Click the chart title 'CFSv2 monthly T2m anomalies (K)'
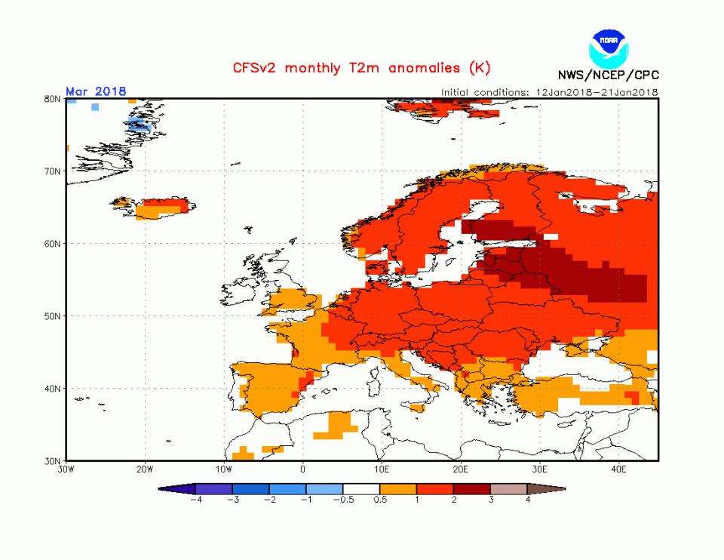[x=357, y=68]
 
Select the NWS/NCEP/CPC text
[x=608, y=75]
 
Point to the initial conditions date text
[x=550, y=92]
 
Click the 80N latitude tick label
[x=52, y=98]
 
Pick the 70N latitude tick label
[x=52, y=171]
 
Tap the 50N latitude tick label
[x=52, y=316]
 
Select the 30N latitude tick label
[x=52, y=461]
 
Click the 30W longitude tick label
[x=66, y=469]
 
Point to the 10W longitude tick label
[x=224, y=469]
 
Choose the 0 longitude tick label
[x=303, y=469]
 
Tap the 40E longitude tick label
[x=619, y=469]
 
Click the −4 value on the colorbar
[x=195, y=500]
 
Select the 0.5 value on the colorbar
[x=380, y=500]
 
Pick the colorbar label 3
[x=491, y=500]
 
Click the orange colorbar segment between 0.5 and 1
[x=398, y=489]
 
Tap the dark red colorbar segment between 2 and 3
[x=472, y=489]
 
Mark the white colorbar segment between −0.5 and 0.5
[x=361, y=489]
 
